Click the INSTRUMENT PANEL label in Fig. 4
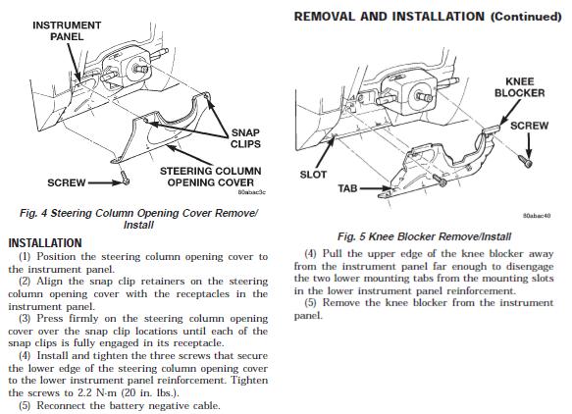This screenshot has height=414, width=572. (67, 31)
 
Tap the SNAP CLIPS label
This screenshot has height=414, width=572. (245, 138)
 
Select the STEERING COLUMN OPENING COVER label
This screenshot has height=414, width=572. (211, 177)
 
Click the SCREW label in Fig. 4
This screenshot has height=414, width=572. (67, 182)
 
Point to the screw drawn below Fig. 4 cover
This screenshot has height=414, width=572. (126, 178)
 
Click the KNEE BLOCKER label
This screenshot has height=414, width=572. (519, 87)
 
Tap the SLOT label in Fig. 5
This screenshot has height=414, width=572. (313, 175)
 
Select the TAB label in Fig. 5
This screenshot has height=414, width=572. (347, 188)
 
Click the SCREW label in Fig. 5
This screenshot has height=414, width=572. (529, 126)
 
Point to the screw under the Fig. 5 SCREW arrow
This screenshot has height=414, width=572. (526, 161)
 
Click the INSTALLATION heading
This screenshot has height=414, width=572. (45, 243)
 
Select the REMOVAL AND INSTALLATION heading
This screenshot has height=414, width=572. (390, 17)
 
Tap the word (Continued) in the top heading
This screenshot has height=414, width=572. (526, 17)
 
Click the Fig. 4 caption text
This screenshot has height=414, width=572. (138, 219)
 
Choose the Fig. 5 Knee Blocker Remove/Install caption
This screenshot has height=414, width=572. (424, 236)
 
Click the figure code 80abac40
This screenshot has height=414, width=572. (537, 216)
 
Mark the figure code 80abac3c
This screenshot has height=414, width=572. (251, 192)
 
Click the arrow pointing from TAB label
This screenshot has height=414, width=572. (376, 188)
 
